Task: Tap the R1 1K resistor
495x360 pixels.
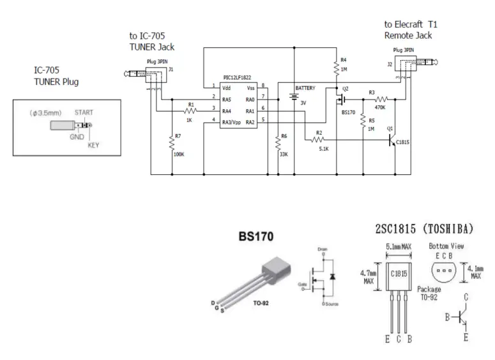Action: click(x=190, y=110)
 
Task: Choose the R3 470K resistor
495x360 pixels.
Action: click(x=381, y=99)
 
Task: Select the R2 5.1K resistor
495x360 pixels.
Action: click(x=320, y=140)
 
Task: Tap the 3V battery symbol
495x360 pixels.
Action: click(x=294, y=97)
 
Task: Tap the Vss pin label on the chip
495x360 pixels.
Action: click(x=249, y=87)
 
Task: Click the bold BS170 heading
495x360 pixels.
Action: click(x=256, y=237)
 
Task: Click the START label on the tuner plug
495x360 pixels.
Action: click(x=84, y=112)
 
